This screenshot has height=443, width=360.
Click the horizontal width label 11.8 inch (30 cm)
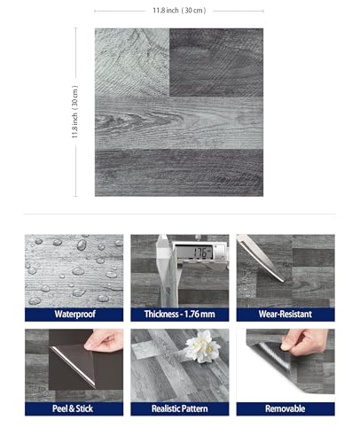click(179, 11)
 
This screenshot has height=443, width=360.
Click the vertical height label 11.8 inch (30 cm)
click(75, 112)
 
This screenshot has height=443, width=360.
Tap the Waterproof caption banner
click(74, 315)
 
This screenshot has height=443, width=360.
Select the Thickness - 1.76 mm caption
click(180, 315)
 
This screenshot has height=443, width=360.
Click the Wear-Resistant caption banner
click(286, 315)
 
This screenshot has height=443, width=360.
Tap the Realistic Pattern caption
click(180, 408)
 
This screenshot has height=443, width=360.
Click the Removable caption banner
click(286, 408)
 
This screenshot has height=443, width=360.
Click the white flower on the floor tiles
click(201, 347)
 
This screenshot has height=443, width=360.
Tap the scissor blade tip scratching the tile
click(282, 280)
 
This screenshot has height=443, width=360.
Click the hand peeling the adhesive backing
click(104, 340)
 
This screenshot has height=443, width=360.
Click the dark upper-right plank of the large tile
click(216, 62)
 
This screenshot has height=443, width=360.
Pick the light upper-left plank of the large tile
click(132, 62)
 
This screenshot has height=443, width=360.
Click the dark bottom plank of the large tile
click(179, 173)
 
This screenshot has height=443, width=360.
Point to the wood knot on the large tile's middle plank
click(118, 120)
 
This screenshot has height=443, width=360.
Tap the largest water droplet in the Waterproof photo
click(82, 245)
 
